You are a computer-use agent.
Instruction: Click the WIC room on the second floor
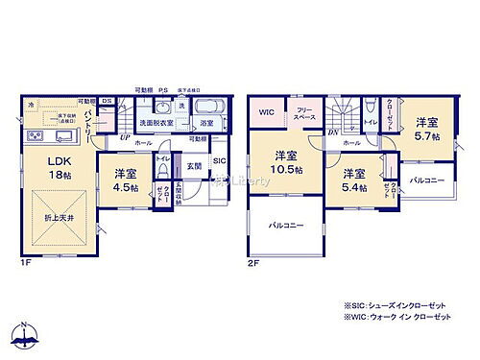click(x=266, y=112)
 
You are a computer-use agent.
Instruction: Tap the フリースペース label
click(x=305, y=114)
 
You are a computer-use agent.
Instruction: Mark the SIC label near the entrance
click(x=219, y=160)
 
